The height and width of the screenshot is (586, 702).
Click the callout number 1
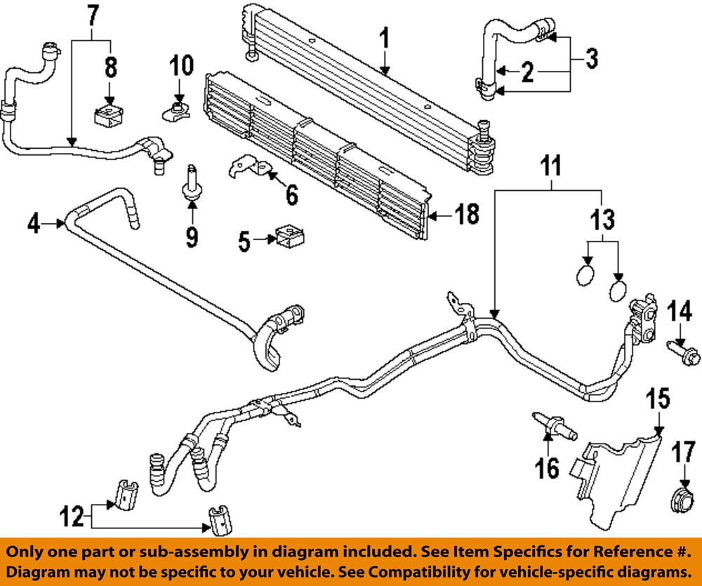click(385, 36)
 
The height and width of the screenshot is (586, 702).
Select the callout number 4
click(32, 225)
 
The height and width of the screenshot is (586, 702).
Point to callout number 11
click(551, 168)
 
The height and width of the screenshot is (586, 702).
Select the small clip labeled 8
click(108, 115)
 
